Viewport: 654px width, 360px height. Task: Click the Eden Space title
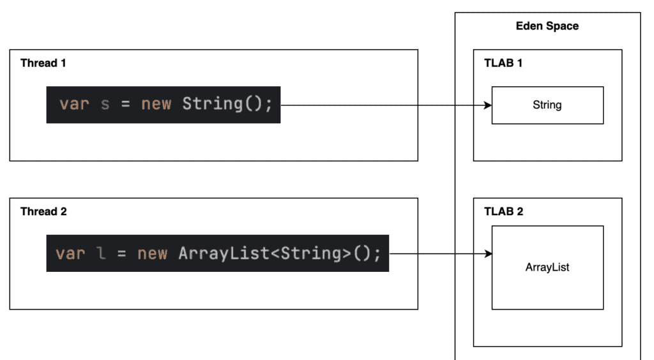[547, 26]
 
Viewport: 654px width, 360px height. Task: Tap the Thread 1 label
[43, 63]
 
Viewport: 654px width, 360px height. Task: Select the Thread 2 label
[43, 211]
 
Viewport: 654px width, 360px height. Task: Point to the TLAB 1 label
[503, 63]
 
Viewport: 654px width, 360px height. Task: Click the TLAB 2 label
[503, 211]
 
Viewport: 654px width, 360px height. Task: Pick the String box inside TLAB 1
[547, 105]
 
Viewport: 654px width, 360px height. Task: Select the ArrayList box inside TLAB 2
[547, 267]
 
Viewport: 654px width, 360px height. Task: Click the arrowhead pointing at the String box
[488, 105]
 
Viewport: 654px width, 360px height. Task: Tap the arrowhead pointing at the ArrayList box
[488, 254]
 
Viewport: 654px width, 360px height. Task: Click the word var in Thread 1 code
[74, 104]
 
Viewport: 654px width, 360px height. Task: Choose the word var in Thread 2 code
[70, 253]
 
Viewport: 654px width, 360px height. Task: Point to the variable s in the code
[105, 104]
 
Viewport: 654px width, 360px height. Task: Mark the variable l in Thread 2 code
[101, 253]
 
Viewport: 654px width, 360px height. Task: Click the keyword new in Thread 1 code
[156, 104]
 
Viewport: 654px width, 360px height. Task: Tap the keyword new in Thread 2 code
[152, 253]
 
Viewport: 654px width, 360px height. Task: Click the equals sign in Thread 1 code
[126, 104]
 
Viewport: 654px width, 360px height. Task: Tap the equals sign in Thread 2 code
[122, 253]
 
